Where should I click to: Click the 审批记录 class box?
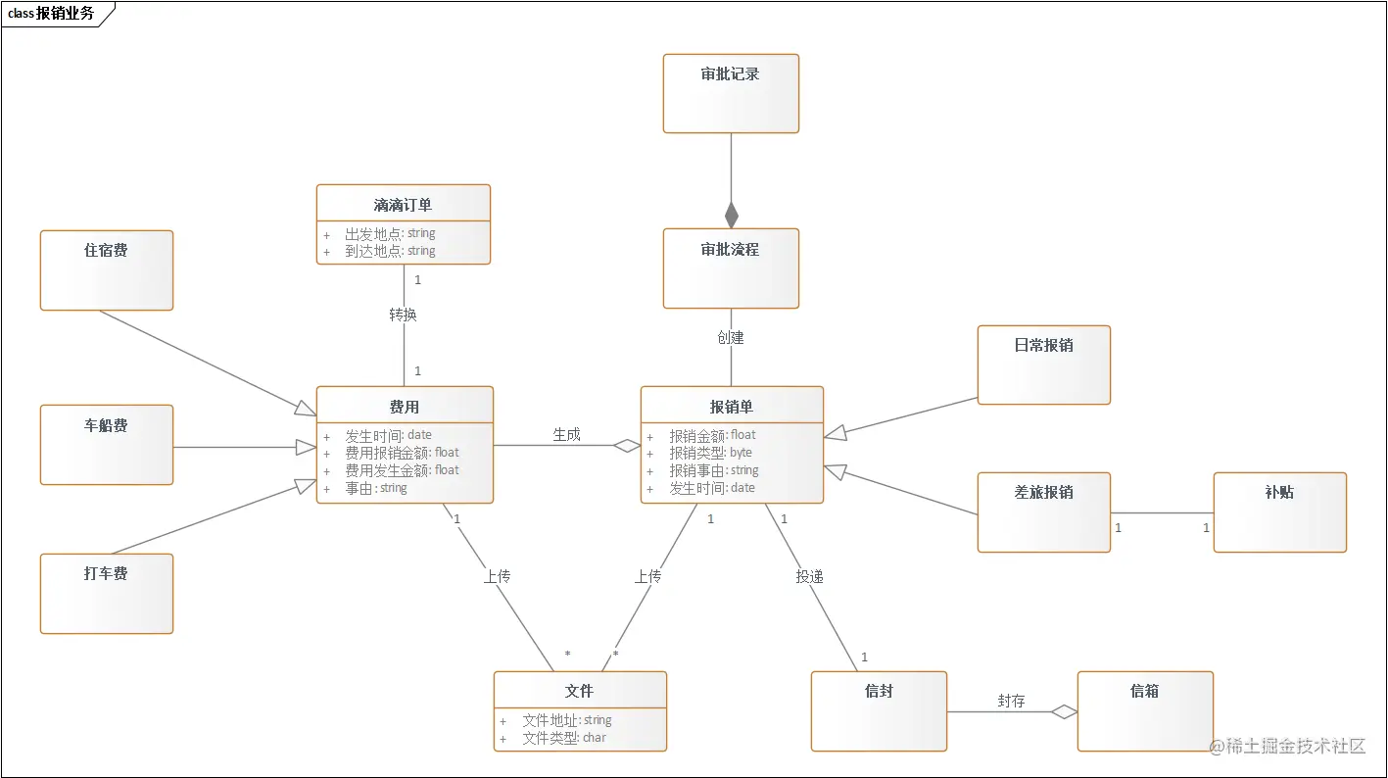point(731,93)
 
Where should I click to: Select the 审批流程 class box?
point(731,268)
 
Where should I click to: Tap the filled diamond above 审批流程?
point(731,215)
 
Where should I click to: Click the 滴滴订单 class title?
point(403,205)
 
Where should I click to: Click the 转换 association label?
point(403,315)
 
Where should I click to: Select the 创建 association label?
point(731,337)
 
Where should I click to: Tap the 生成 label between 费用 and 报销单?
point(566,434)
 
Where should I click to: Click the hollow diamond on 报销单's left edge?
point(627,446)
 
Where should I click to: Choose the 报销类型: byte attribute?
point(710,453)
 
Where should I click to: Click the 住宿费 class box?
point(107,270)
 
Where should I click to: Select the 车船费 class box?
point(107,445)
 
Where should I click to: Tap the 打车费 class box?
point(107,594)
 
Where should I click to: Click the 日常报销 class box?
point(1043,365)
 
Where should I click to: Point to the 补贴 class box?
point(1279,512)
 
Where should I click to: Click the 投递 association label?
point(809,577)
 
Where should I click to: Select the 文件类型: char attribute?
point(564,738)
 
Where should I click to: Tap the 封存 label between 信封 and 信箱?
point(1011,701)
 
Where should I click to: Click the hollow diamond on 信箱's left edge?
point(1065,712)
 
